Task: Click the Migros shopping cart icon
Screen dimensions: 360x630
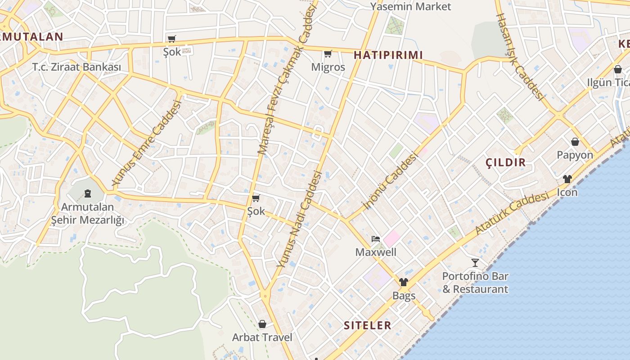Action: [x=328, y=54]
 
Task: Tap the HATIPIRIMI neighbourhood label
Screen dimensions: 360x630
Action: [x=388, y=55]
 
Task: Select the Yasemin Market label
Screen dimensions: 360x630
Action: [x=410, y=7]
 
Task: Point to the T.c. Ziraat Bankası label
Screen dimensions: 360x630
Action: [x=76, y=67]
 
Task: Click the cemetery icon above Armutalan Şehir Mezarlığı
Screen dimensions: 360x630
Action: [x=88, y=193]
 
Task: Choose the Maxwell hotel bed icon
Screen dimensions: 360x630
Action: [x=375, y=238]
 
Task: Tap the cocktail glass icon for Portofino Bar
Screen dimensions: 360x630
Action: [x=475, y=262]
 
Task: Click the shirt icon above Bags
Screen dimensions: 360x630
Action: [x=403, y=282]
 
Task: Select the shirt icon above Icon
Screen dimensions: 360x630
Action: [x=567, y=179]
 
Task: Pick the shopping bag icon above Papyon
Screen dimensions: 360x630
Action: [x=575, y=142]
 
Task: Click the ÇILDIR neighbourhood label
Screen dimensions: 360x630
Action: [x=506, y=162]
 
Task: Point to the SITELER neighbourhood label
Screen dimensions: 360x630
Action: [x=367, y=325]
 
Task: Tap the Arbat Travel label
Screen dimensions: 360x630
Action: [x=262, y=337]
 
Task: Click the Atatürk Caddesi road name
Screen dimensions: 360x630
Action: [x=512, y=213]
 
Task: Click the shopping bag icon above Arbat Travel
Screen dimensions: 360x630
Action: [x=262, y=324]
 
